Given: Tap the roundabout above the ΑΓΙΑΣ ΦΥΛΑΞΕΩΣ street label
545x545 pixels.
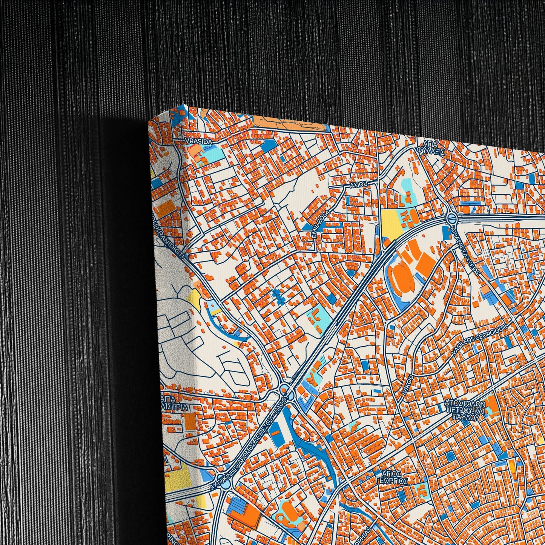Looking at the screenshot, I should [451, 218].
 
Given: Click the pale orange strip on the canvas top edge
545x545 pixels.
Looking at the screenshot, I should [287, 121].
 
